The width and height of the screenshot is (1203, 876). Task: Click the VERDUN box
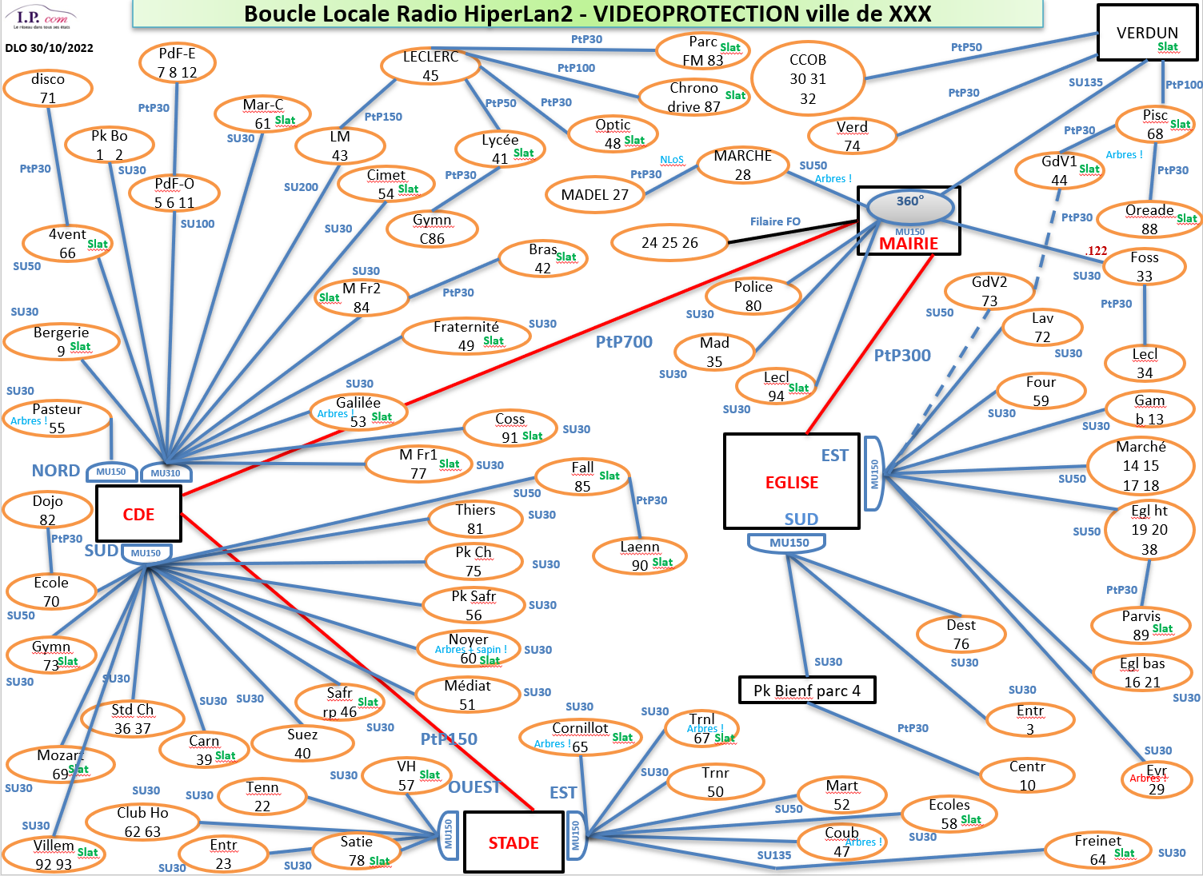1147,33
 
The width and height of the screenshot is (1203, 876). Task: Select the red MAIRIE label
909,244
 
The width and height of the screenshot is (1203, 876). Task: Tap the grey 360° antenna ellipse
910,205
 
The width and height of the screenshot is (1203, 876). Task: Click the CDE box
138,514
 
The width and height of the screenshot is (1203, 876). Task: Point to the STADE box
514,842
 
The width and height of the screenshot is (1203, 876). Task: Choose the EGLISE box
791,482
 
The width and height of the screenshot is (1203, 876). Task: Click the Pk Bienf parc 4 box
806,691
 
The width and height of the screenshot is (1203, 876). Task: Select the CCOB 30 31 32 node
808,79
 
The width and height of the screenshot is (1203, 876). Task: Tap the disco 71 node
48,88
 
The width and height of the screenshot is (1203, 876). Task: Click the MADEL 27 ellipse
594,194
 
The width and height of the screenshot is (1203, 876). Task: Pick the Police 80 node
753,296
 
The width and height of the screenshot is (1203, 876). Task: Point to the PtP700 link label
624,342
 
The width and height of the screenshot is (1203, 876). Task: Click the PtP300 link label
902,356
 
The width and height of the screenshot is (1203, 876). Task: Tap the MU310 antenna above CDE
166,472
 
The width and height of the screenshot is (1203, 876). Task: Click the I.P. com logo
44,18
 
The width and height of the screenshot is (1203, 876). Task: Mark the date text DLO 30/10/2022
49,48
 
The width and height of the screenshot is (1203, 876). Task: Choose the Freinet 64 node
1097,850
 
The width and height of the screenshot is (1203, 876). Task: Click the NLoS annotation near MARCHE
672,160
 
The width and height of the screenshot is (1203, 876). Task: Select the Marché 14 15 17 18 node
1141,466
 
